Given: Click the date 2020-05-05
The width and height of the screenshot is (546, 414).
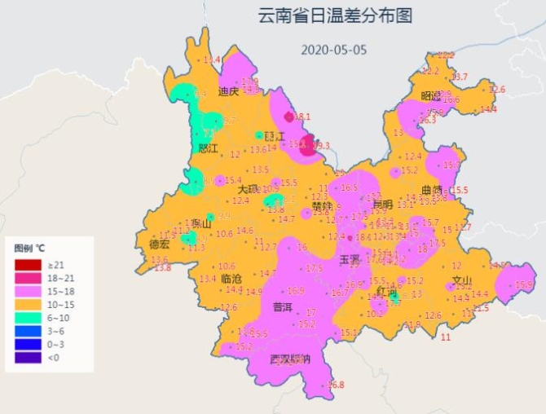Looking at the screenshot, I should (333, 49).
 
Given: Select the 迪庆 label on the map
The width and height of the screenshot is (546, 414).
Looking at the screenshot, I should (229, 91).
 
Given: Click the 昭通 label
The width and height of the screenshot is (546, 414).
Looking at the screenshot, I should (433, 95).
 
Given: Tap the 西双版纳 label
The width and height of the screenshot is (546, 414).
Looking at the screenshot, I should (290, 359).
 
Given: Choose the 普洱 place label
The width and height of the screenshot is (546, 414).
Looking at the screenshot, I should (282, 309).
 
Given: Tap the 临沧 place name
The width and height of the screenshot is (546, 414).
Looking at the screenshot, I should (231, 279).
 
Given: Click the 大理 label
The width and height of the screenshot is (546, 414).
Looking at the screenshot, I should (248, 189).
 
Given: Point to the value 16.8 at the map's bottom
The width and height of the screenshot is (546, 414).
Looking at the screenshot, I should (336, 385).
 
